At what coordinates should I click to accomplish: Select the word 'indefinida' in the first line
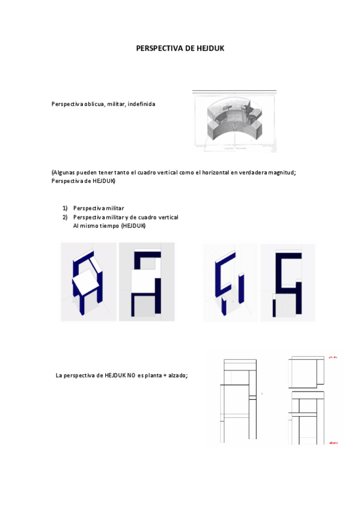click(141, 104)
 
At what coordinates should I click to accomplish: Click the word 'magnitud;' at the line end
click(282, 173)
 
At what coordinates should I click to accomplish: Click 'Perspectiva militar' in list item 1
click(99, 207)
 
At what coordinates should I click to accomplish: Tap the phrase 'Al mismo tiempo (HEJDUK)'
click(109, 226)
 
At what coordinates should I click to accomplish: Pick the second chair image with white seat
click(146, 281)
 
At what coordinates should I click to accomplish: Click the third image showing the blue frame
click(231, 281)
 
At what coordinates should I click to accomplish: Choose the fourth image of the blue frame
click(287, 281)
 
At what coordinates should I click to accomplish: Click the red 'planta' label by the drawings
click(333, 357)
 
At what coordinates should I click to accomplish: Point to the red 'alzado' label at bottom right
click(333, 443)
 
